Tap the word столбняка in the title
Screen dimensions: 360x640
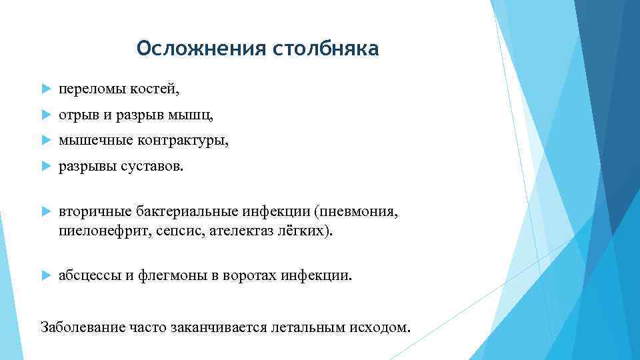[326, 49]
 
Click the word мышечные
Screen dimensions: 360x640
[95, 141]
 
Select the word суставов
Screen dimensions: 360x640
[150, 167]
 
